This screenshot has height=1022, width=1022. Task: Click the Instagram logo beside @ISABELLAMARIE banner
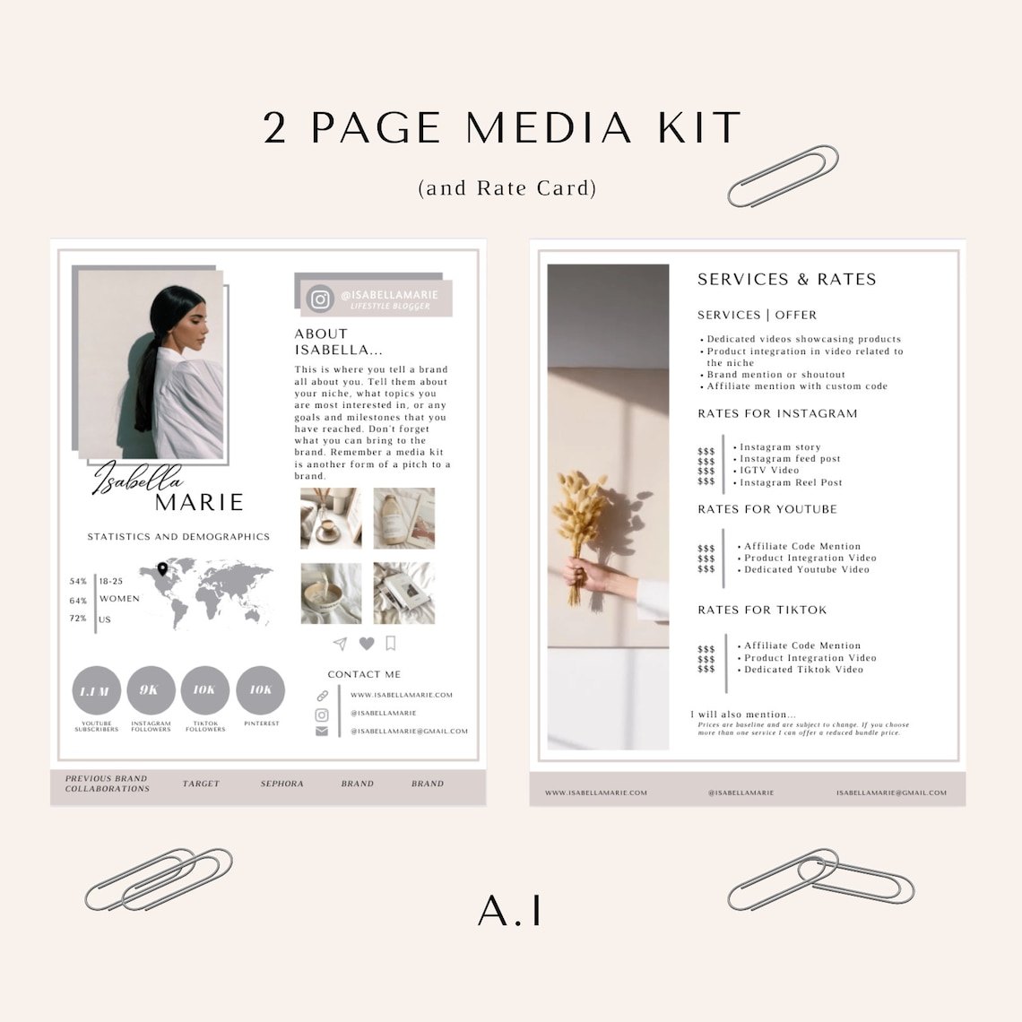pos(320,299)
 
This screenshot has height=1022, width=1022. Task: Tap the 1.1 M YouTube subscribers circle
pos(96,690)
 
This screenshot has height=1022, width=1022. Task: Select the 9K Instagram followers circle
pos(150,690)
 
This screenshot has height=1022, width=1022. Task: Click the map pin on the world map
pos(162,569)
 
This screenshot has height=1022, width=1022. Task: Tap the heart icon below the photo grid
pos(367,644)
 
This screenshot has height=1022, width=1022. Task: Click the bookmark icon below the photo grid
pos(391,643)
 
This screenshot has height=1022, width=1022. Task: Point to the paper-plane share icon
pos(340,644)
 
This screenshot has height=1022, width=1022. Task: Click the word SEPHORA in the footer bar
pos(281,784)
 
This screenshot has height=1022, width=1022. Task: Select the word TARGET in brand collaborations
pos(201,784)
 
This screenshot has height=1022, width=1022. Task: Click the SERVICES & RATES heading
pos(786,280)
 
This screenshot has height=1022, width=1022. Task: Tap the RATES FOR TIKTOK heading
pos(762,610)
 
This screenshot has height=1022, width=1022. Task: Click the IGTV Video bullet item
pos(768,470)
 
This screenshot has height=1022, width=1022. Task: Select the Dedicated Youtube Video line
pos(806,569)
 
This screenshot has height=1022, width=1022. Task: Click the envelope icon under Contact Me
pos(322,732)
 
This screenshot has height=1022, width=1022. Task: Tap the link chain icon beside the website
pos(322,696)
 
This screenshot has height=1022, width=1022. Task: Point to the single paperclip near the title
pos(783,176)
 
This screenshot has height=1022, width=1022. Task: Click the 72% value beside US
pos(78,619)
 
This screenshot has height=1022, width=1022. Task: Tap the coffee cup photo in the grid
pos(331,518)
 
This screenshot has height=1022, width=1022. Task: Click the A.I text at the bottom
pos(510,910)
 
